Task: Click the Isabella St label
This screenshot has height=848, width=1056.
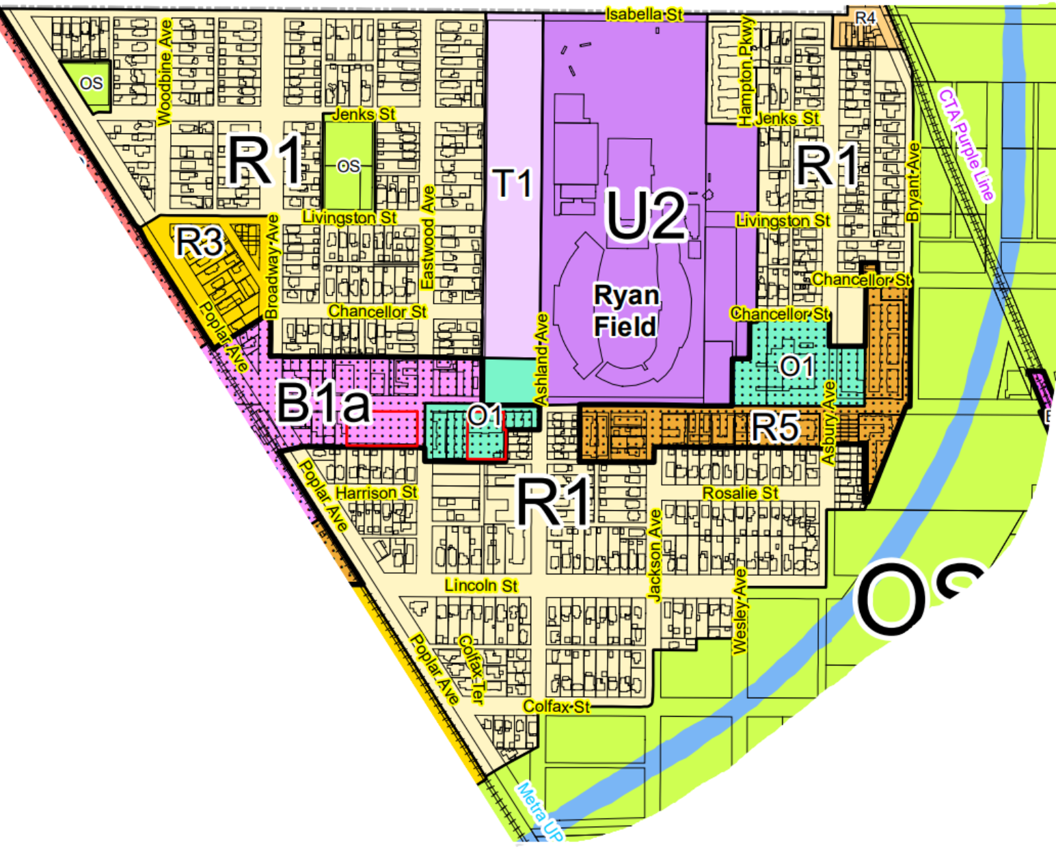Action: [x=644, y=14]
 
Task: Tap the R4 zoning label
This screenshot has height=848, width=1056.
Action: [x=865, y=18]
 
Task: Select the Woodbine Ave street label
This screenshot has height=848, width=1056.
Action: [x=165, y=72]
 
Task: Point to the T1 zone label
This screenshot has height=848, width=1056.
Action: [x=513, y=183]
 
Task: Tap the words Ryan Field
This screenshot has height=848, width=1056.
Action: [x=626, y=310]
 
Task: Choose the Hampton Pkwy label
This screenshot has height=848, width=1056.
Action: [x=746, y=71]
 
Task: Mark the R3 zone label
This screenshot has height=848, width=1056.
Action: [x=200, y=241]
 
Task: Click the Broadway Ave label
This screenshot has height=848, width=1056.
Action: [x=272, y=267]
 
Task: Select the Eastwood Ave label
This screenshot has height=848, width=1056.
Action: [x=428, y=237]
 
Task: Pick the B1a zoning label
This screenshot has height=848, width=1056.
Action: [x=323, y=403]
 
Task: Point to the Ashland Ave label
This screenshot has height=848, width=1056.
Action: [x=541, y=359]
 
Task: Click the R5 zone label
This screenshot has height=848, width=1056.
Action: [x=775, y=427]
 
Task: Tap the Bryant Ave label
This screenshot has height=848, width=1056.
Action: [x=913, y=182]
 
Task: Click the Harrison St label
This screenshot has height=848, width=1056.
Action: [x=376, y=492]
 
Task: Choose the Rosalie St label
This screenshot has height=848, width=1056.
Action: [x=740, y=493]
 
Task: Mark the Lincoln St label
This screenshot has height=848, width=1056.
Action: [x=480, y=585]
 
